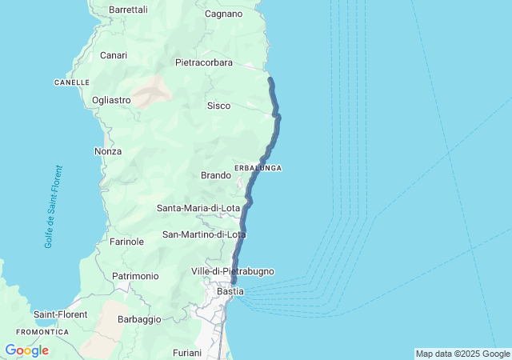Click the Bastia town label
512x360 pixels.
tap(230, 291)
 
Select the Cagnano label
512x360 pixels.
tap(223, 14)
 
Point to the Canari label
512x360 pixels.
tap(114, 55)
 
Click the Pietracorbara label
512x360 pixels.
tap(203, 62)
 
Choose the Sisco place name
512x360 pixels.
tap(218, 106)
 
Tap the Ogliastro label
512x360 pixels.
tap(111, 100)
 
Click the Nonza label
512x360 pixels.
tap(108, 151)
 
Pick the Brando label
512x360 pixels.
tap(216, 175)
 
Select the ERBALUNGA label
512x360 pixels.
tap(258, 168)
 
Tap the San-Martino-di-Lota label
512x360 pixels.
tap(204, 234)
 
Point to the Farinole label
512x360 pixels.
tap(126, 241)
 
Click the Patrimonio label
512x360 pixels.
tap(135, 276)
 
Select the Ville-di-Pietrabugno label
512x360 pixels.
tap(233, 271)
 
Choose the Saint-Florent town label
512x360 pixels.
tap(61, 314)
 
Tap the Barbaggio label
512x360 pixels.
tap(139, 318)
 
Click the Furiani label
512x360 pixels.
tap(187, 353)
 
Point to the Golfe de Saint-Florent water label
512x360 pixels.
tap(54, 207)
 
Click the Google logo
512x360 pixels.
tap(26, 350)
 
